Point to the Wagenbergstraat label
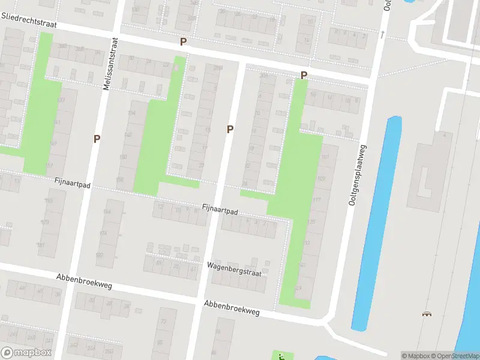(235, 268)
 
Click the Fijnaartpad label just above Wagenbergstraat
(220, 211)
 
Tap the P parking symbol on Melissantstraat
(97, 139)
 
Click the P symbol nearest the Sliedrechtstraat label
(184, 42)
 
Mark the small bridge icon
(427, 314)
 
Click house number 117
(317, 200)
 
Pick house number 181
(41, 245)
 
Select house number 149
(53, 143)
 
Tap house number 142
(128, 135)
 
